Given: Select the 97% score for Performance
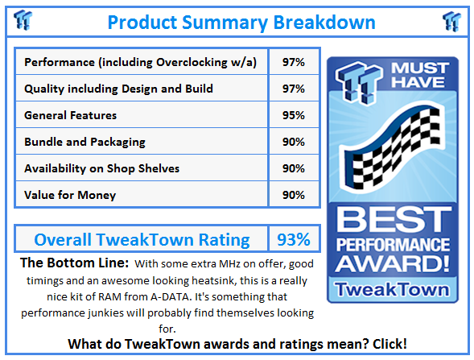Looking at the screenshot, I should coord(294,62).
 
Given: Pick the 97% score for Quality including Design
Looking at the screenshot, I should coord(294,89).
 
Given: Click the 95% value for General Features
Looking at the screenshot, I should coord(294,115).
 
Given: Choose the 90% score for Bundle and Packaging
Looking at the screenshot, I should coord(294,142).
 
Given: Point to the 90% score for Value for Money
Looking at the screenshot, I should coord(294,194).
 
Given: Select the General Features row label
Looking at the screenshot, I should coord(71,115).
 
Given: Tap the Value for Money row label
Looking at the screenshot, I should coord(70,194).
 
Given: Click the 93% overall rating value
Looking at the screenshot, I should coord(294,239).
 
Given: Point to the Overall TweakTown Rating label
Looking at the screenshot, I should coord(142,239).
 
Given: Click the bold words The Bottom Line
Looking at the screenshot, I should coord(73,263).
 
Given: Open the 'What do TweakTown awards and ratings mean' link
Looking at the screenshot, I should coord(237,343).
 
